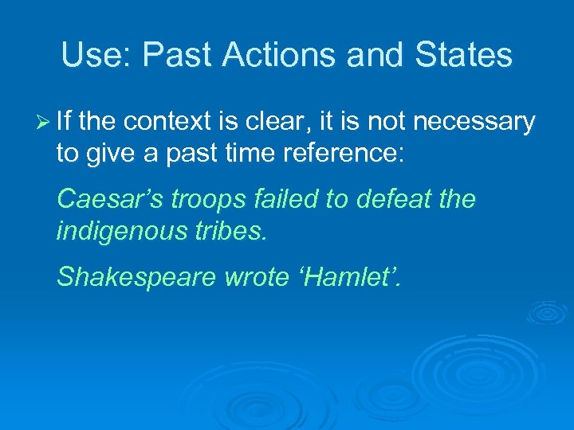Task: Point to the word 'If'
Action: coord(65,121)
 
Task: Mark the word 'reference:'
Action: coord(349,153)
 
